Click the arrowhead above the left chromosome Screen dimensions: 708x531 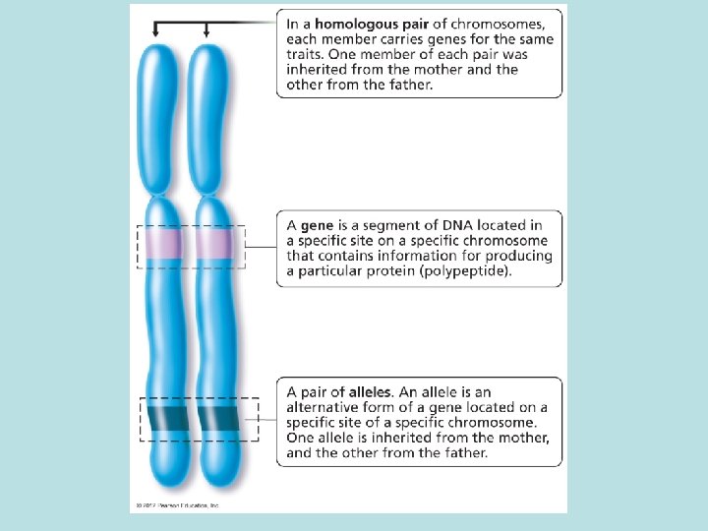pyautogui.click(x=155, y=34)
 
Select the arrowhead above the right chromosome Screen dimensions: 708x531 pyautogui.click(x=206, y=34)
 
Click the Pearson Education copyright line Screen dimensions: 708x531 pyautogui.click(x=175, y=505)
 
